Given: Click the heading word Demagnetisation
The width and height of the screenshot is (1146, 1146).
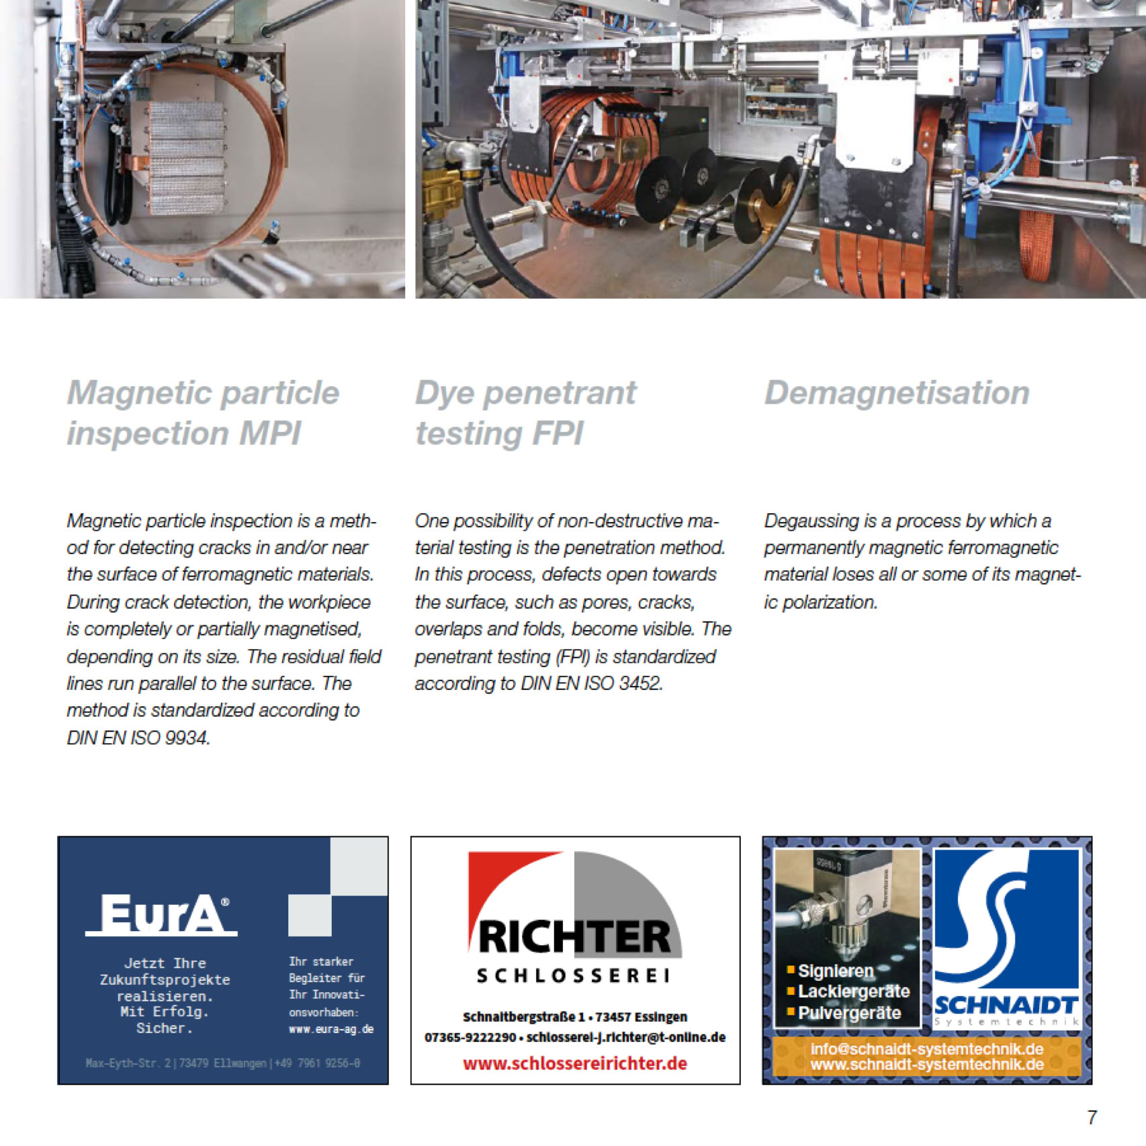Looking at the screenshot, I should [x=897, y=393].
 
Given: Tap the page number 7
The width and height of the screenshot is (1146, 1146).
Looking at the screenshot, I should [x=1092, y=1117].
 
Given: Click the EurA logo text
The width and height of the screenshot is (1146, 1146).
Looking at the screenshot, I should [x=161, y=914].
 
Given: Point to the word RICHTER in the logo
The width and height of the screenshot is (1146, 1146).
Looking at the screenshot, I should [x=575, y=937].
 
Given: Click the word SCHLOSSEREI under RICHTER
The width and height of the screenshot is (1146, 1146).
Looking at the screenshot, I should [x=573, y=976].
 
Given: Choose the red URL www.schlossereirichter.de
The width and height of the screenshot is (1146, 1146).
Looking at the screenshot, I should [x=575, y=1063].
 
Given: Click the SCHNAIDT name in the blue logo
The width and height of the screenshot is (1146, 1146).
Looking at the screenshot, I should [x=1006, y=1005].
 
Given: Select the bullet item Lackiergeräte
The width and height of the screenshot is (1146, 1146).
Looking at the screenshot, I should [x=853, y=991].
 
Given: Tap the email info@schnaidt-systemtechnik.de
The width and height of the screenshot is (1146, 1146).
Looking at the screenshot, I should [x=926, y=1049].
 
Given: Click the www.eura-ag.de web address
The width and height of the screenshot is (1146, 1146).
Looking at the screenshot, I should [x=331, y=1029].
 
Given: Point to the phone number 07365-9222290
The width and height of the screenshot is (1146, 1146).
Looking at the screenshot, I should [x=470, y=1037].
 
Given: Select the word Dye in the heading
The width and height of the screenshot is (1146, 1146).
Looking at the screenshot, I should [x=445, y=393].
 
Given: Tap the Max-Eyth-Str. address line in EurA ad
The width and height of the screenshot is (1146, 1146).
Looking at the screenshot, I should [x=222, y=1063].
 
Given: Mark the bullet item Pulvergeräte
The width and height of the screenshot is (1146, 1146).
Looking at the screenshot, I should [x=849, y=1013].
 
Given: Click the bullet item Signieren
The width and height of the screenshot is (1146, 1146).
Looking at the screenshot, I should [x=836, y=971].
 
